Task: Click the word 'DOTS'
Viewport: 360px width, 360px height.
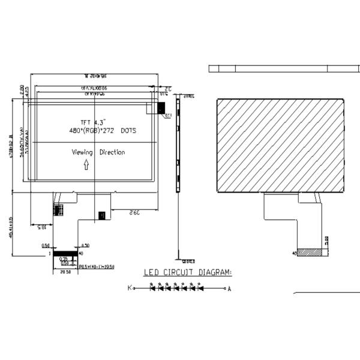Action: (128, 130)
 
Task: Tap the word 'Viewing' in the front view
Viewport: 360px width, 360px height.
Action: (82, 152)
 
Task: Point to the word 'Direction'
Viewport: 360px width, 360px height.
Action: (112, 152)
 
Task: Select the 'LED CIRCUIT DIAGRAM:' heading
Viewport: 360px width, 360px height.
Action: (188, 272)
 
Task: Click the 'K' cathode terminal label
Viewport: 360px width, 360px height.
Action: (129, 289)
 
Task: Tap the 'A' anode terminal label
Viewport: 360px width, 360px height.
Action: (229, 289)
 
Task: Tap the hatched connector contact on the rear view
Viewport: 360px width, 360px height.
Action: (313, 253)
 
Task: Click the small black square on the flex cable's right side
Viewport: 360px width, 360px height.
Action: (101, 214)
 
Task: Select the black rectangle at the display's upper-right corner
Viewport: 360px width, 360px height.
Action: (161, 107)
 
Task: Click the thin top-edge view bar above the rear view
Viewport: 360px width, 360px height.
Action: (278, 68)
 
